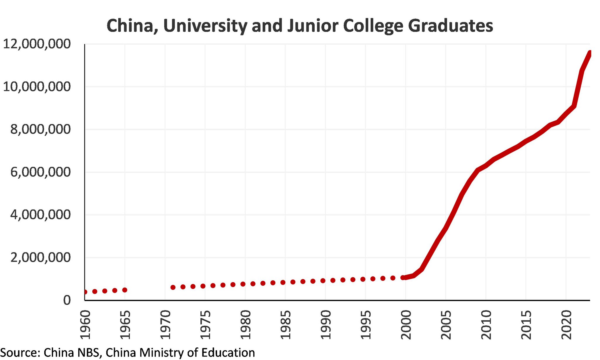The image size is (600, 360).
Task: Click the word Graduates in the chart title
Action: pos(451,26)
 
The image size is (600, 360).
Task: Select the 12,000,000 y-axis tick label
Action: pos(37,44)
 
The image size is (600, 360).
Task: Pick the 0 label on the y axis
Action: pos(67,300)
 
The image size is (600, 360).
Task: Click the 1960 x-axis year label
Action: pos(85,325)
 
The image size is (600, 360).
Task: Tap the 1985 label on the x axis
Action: pos(285,325)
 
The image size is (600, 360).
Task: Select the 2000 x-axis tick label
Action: pos(406,325)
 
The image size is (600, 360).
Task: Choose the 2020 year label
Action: pos(566,325)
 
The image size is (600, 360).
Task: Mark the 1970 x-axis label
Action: pos(165,325)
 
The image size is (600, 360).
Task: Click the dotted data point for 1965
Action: pos(125,290)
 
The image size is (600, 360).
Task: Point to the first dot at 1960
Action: pos(85,292)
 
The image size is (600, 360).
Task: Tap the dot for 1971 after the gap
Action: pos(173,287)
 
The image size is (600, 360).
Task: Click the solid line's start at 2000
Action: pos(404,277)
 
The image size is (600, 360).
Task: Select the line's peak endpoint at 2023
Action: pos(589,53)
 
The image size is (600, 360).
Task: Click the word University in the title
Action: pos(205,26)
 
